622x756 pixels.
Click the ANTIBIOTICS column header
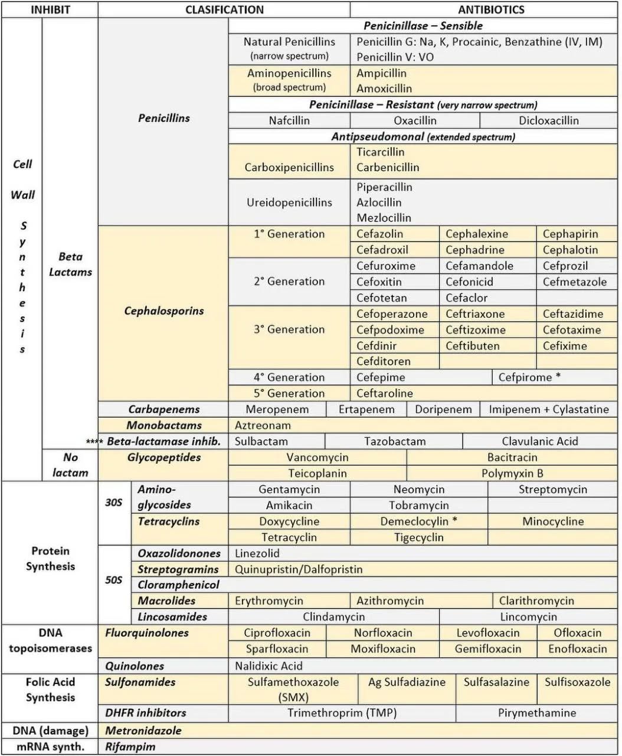point(491,9)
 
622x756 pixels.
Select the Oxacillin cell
point(415,120)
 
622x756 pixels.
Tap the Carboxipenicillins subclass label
point(289,167)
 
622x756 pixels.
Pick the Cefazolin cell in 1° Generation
point(379,234)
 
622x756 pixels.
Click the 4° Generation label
point(289,377)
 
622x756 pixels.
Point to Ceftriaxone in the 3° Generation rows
point(475,314)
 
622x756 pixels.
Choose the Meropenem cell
point(277,409)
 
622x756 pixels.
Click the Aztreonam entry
point(263,425)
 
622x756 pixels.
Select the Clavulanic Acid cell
point(539,441)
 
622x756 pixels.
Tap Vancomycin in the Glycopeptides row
point(317,457)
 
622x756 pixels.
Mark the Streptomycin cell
point(552,489)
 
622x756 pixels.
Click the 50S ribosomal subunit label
point(114,580)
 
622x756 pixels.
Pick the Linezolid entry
point(257,553)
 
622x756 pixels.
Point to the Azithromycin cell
point(390,601)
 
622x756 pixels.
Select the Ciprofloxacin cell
point(277,633)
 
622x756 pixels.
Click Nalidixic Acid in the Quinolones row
point(269,666)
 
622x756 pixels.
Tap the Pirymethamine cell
point(536,713)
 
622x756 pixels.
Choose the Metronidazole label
point(143,731)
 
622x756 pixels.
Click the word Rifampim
point(130,747)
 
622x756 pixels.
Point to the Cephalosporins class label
point(163,311)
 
